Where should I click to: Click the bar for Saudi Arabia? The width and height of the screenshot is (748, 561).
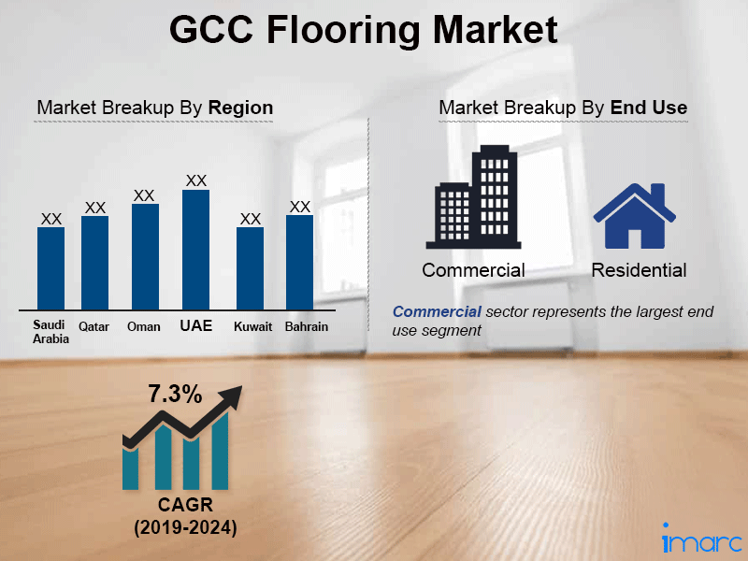(x=50, y=267)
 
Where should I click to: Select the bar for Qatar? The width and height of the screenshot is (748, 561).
(x=94, y=262)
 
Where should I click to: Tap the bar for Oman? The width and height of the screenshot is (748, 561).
(x=145, y=256)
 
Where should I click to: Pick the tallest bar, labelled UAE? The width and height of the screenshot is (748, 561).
(x=195, y=249)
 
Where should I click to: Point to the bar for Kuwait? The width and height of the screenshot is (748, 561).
(x=250, y=267)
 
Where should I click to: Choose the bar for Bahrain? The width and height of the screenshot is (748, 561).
(x=299, y=262)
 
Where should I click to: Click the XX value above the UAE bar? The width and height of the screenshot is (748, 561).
(x=195, y=180)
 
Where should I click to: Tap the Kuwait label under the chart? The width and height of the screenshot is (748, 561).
(x=252, y=326)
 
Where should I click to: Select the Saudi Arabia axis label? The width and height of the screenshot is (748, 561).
(x=50, y=332)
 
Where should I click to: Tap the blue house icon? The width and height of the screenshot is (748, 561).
(x=635, y=217)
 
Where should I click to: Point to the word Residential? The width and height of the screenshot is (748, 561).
(x=639, y=270)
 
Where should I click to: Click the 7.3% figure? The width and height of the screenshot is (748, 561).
(x=175, y=394)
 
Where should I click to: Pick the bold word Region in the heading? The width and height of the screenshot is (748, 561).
(x=240, y=108)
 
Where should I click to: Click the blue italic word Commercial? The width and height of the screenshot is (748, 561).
(x=438, y=311)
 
